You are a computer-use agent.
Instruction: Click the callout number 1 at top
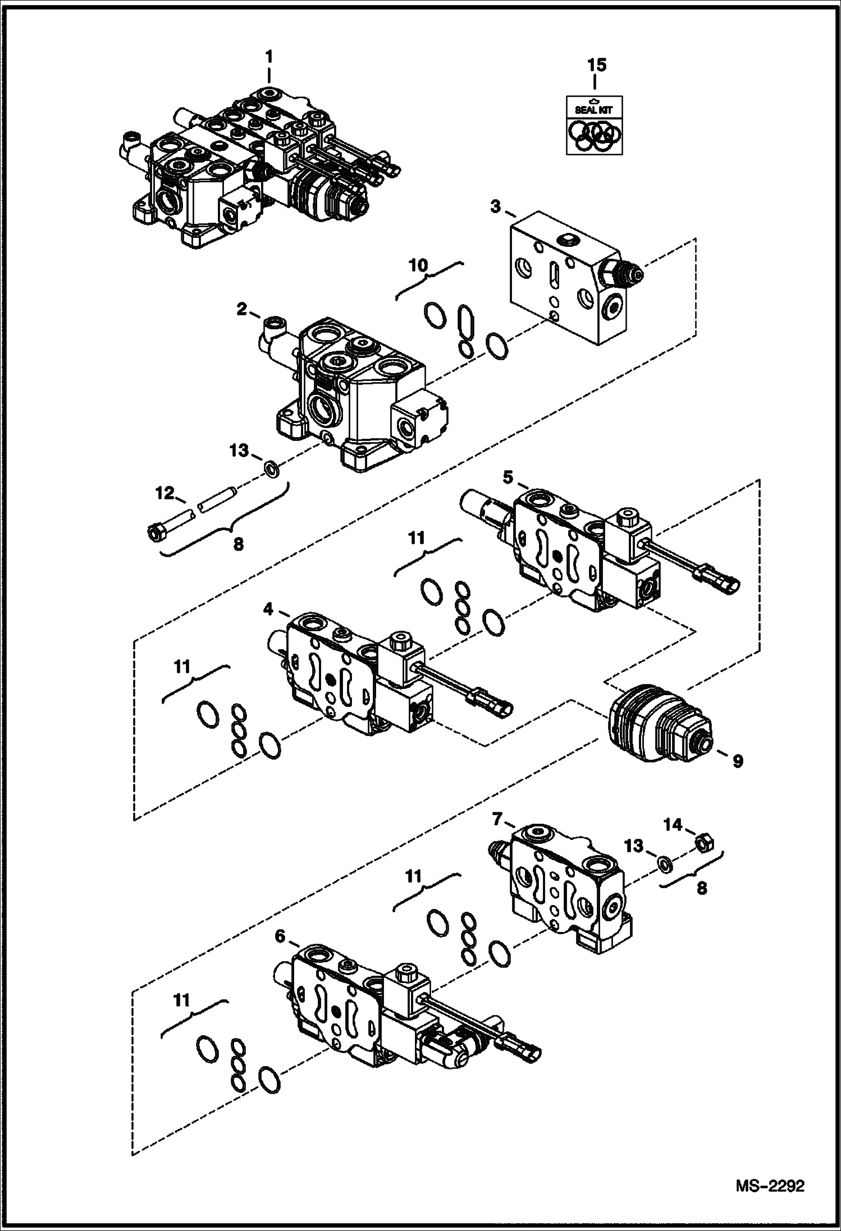click(269, 56)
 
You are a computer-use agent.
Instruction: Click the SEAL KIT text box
click(593, 109)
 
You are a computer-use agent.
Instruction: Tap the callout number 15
click(596, 65)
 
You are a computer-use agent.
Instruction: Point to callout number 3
click(495, 207)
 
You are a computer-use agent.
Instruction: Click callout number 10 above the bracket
click(418, 265)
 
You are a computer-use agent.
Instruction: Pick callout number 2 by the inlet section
click(241, 309)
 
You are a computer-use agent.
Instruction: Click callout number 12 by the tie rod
click(165, 493)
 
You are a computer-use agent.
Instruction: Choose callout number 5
click(507, 477)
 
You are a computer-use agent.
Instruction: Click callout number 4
click(268, 609)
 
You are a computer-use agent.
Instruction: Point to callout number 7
click(497, 819)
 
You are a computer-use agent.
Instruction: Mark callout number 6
click(280, 936)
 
